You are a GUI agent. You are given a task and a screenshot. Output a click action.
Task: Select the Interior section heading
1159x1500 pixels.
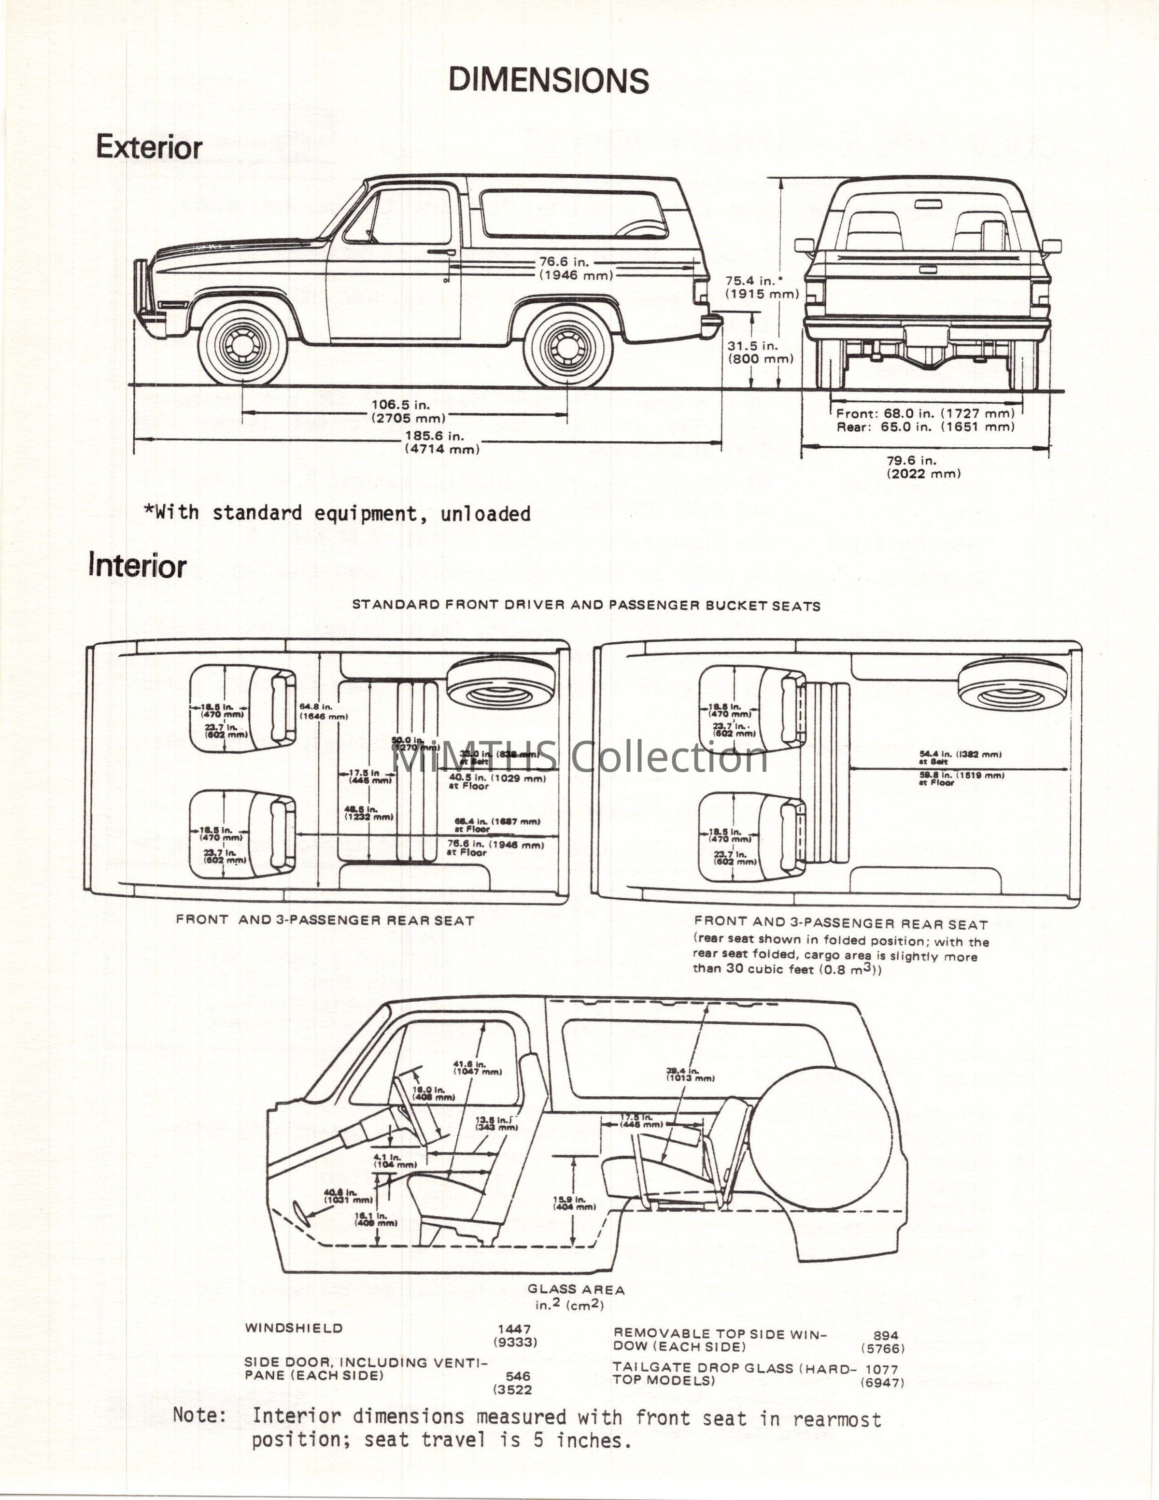pyautogui.click(x=137, y=566)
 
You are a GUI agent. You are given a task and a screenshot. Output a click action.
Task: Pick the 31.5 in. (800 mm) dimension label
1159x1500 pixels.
pyautogui.click(x=760, y=353)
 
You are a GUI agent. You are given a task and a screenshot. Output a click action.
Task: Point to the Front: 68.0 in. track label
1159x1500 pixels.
pyautogui.click(x=925, y=413)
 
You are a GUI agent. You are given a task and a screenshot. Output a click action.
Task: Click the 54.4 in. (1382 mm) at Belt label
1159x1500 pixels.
pyautogui.click(x=961, y=757)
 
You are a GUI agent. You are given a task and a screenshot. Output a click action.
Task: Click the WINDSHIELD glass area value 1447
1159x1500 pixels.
pyautogui.click(x=514, y=1329)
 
